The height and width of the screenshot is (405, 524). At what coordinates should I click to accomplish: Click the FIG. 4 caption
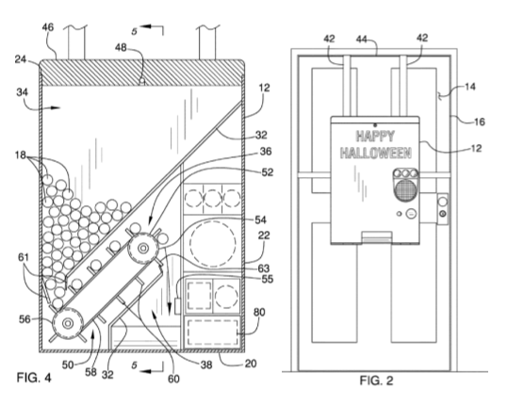coord(34,378)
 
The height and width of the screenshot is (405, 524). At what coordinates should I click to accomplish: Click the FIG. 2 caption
coord(376,381)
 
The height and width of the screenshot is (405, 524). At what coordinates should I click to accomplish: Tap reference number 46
coord(47,27)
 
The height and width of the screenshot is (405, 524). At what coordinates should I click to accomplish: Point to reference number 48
coord(121,48)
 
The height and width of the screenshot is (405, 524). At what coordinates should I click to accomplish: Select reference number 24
coord(21,59)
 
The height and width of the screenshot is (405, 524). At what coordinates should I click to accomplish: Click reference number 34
coord(23,91)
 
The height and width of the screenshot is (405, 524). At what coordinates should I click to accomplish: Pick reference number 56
coord(25,319)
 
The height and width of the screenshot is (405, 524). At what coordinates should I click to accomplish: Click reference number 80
coord(259,312)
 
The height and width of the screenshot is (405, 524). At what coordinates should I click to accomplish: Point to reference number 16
coord(480,121)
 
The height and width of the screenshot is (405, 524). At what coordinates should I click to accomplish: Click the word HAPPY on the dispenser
coord(375,137)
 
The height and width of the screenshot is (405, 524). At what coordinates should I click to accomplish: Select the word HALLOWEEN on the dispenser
coord(376,153)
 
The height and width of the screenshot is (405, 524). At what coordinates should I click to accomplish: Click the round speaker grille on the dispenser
coord(405,189)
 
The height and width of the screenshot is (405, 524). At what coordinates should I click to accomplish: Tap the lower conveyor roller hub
coord(68,323)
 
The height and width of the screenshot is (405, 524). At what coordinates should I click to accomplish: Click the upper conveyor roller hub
coord(143,249)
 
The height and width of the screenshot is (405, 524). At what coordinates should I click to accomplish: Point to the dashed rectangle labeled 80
coord(213,332)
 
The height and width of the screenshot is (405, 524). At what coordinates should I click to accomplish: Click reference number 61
coord(24,258)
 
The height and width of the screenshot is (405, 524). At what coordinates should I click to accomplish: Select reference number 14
coord(470,87)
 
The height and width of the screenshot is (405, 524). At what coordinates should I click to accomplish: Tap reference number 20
coord(251,364)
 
